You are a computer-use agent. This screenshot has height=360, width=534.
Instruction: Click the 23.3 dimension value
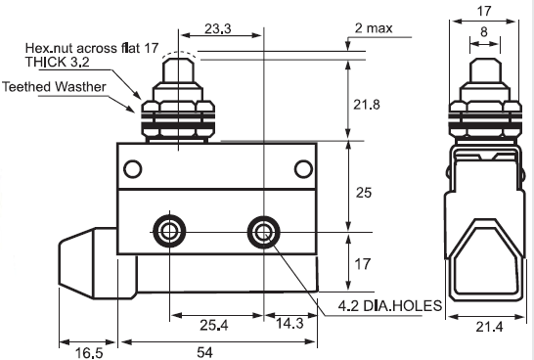tap(218, 28)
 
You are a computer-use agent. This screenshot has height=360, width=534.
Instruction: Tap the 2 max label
tap(374, 28)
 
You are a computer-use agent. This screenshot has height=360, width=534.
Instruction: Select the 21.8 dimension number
tap(366, 105)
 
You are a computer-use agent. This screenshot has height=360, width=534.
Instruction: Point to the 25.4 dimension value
tap(214, 325)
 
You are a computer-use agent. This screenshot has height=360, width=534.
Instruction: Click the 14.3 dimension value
tap(289, 323)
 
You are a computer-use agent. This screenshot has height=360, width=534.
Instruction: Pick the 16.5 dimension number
tap(89, 353)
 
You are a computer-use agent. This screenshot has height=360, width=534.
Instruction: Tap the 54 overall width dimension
tap(204, 352)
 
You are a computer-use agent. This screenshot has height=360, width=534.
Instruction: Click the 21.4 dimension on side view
tap(489, 327)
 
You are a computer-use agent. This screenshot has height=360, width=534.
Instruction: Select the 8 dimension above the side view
tap(484, 31)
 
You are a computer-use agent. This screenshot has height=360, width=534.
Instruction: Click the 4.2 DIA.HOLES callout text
tap(390, 306)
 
